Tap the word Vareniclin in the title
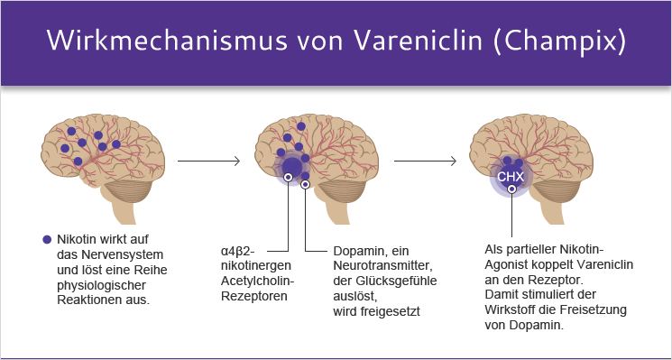[x=410, y=42]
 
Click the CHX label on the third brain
[x=511, y=175]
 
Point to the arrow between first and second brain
[x=208, y=162]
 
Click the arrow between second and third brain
[x=425, y=162]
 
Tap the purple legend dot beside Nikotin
[x=47, y=239]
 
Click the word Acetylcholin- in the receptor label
[x=255, y=280]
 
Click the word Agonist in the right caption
[x=511, y=264]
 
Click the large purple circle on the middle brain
[x=292, y=168]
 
